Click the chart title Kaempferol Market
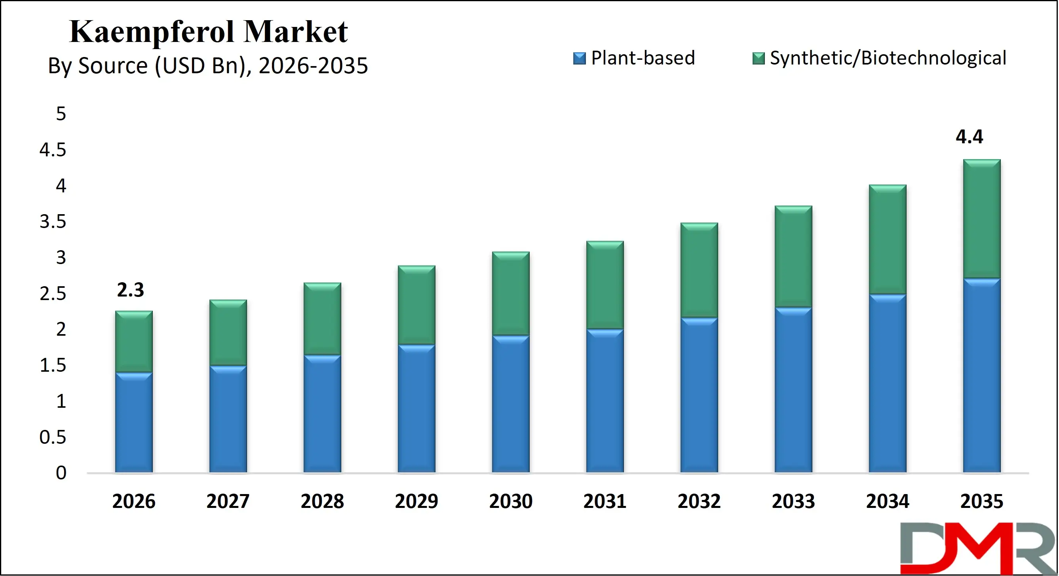pyautogui.click(x=208, y=32)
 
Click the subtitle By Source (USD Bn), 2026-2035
pyautogui.click(x=207, y=66)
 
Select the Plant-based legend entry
pyautogui.click(x=634, y=58)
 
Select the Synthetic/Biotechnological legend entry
pyautogui.click(x=880, y=58)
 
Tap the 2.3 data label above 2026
pyautogui.click(x=130, y=290)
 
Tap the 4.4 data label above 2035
pyautogui.click(x=969, y=137)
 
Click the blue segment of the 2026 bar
pyautogui.click(x=133, y=424)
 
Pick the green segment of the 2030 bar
pyautogui.click(x=511, y=294)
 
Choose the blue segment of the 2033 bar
pyautogui.click(x=793, y=391)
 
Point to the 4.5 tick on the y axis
pyautogui.click(x=53, y=150)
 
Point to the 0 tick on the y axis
pyautogui.click(x=61, y=473)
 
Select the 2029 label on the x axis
pyautogui.click(x=416, y=502)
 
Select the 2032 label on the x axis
pyautogui.click(x=699, y=502)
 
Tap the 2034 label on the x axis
pyautogui.click(x=887, y=502)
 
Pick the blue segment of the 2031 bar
pyautogui.click(x=605, y=401)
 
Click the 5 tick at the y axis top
pyautogui.click(x=61, y=114)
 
